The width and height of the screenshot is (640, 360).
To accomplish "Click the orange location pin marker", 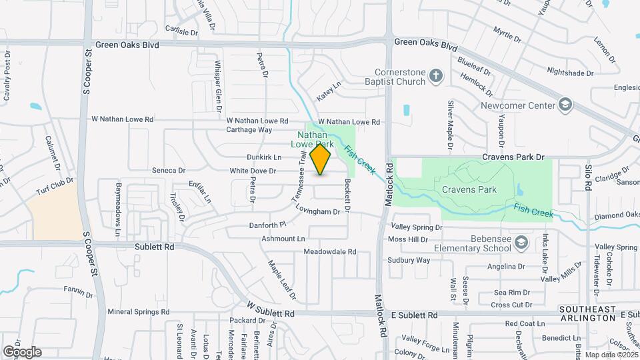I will pyautogui.click(x=321, y=159).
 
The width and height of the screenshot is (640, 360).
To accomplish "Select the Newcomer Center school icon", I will pyautogui.click(x=565, y=105).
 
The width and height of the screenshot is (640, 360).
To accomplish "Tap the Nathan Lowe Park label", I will pyautogui.click(x=312, y=139).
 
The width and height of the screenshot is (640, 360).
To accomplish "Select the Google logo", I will pyautogui.click(x=22, y=352).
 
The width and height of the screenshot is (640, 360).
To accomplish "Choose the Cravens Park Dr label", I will pyautogui.click(x=515, y=157).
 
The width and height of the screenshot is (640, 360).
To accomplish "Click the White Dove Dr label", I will pyautogui.click(x=253, y=171).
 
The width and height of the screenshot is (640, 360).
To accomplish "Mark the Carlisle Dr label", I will pyautogui.click(x=182, y=31).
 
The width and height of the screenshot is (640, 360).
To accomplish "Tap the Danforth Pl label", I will pyautogui.click(x=267, y=225).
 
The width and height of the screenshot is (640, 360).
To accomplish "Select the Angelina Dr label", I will pyautogui.click(x=506, y=266).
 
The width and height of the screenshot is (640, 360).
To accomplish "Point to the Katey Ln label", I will pyautogui.click(x=329, y=92).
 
